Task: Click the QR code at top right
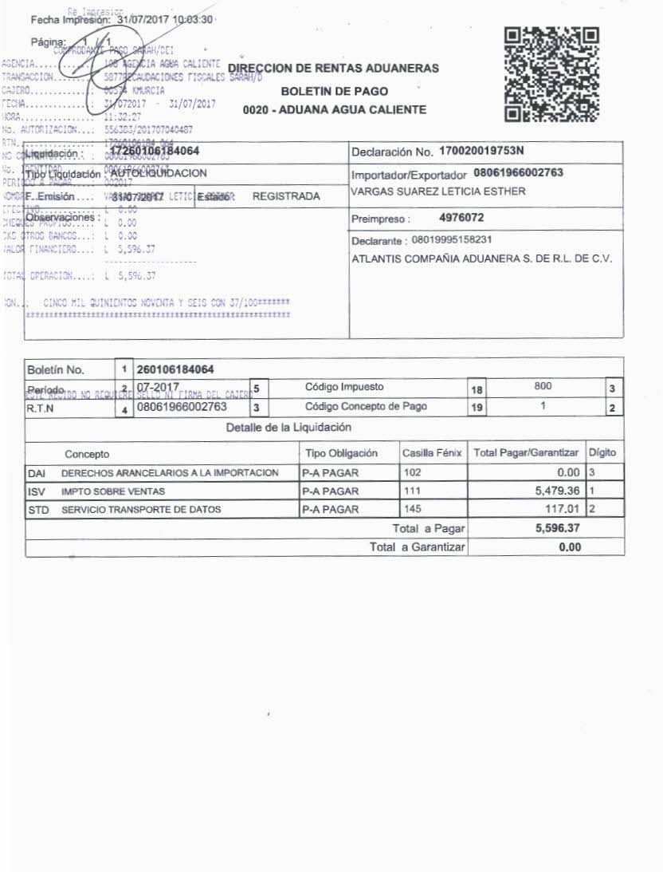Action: coord(552,74)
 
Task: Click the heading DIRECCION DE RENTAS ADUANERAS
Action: coord(333,69)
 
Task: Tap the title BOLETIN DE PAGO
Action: coord(335,91)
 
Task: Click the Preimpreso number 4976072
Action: coord(462,217)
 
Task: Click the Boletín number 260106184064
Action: coord(175,370)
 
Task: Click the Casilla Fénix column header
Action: coord(433,453)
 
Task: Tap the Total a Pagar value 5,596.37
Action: coord(559,528)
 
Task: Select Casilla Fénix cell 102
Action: coord(413,472)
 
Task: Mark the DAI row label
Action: coord(37,473)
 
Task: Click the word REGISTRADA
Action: coord(286,196)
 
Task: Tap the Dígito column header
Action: coord(603,453)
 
